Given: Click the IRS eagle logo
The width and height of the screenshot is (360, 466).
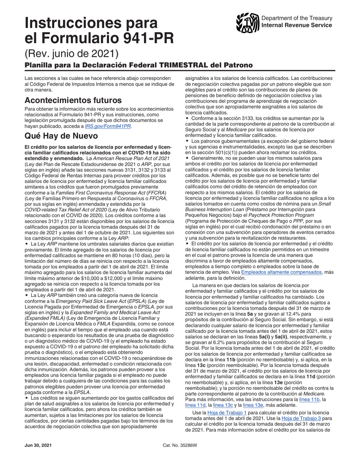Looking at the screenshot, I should (247, 22).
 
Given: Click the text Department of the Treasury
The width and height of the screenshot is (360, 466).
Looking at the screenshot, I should (297, 18).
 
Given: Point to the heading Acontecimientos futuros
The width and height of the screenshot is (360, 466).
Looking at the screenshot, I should (73, 100).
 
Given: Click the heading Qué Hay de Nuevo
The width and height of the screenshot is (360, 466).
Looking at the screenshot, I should (61, 136).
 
